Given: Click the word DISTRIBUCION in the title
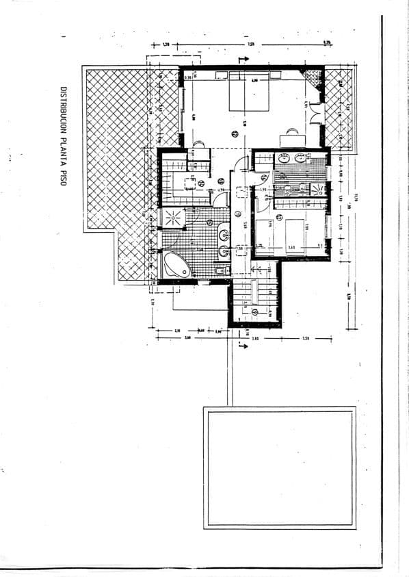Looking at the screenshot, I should pos(63,110).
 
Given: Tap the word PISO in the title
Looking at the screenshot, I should pos(63,179).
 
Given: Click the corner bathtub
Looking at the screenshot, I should pos(174,264).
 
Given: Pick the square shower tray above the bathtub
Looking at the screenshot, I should pos(170,218).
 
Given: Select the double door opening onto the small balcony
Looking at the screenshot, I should pos(316,114).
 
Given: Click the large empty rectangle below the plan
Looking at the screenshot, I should pos(279,468).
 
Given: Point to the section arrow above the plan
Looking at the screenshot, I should pos(242,60).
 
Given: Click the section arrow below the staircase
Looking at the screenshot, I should pos(241,344).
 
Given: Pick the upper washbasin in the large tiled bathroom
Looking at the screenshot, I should pos(223,235).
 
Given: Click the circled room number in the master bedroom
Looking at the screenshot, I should pos(235,133).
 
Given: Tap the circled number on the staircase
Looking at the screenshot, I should pos(254,311).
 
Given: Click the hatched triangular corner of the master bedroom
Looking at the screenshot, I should pos(314,76).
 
